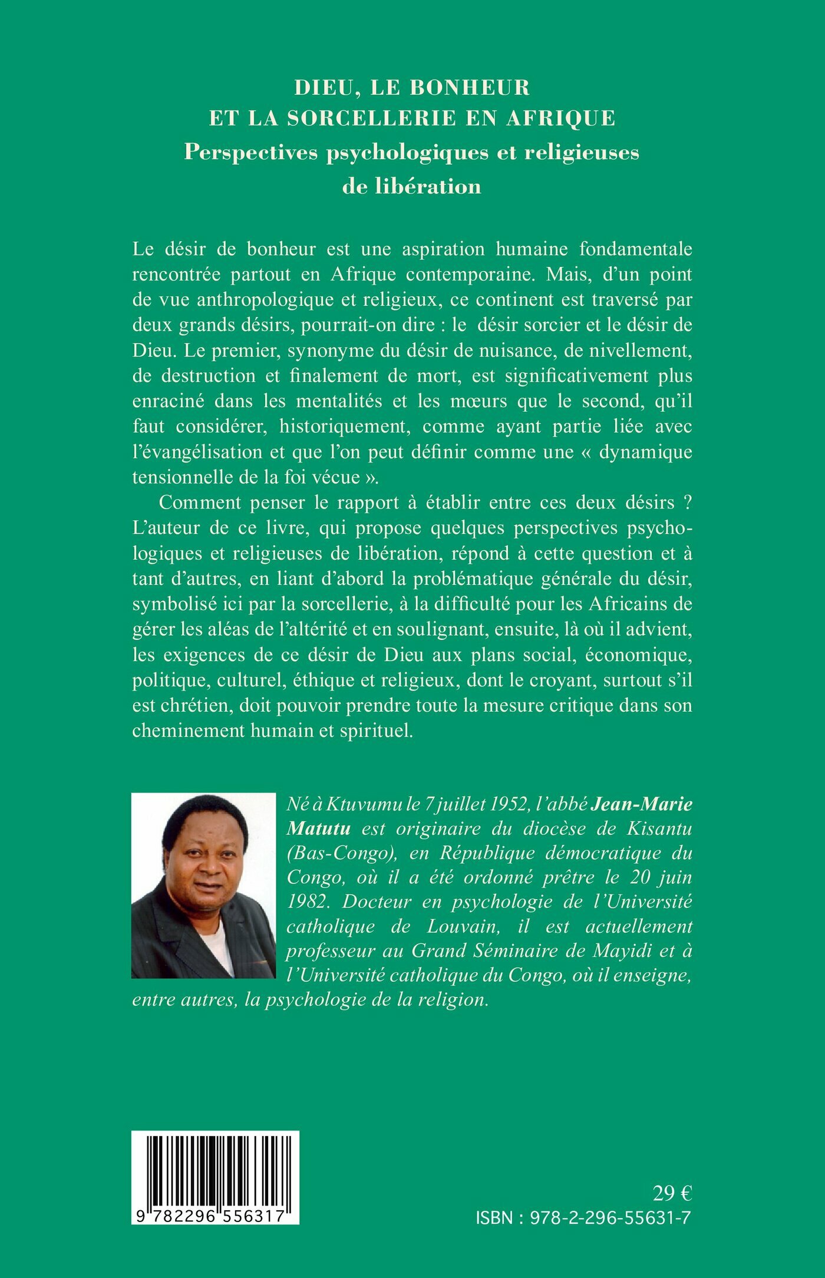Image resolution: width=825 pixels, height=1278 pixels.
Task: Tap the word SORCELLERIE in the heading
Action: coord(372,118)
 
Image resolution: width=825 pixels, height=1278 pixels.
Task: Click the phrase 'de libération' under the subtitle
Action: coord(412,186)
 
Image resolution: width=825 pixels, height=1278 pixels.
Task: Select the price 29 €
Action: coord(672,1193)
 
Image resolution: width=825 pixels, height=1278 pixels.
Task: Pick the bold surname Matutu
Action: coord(318,828)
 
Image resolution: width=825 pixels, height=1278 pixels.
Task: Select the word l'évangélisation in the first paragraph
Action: coord(197,452)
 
